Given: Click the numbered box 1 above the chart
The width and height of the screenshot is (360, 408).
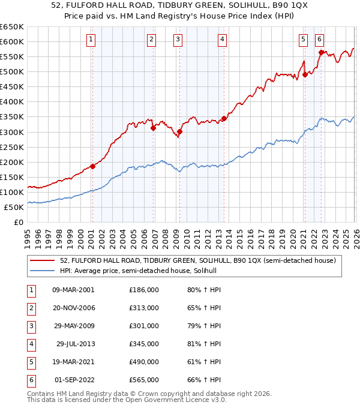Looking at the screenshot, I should tap(91, 40).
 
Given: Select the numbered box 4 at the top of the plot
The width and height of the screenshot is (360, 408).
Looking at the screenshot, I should tap(222, 40).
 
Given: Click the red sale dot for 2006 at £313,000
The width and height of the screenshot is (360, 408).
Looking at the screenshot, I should tap(153, 128).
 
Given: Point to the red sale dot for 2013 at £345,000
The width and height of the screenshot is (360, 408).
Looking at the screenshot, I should tap(224, 118).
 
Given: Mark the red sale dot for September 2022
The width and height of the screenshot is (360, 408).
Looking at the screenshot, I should tap(321, 52).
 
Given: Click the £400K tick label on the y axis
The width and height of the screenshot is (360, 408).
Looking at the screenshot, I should tap(12, 102).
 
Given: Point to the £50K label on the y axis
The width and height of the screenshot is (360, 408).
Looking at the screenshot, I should tap(14, 207).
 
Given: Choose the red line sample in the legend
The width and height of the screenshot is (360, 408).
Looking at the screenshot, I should tap(43, 260).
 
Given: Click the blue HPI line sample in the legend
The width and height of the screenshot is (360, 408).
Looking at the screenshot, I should tap(43, 271).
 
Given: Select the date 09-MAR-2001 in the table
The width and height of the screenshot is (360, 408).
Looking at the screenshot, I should tap(73, 290).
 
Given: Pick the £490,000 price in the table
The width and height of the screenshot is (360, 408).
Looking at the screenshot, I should tap(143, 362).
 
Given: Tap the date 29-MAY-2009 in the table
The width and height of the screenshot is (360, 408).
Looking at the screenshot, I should tap(73, 326).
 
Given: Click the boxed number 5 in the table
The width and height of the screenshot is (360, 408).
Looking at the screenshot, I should tap(31, 362).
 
